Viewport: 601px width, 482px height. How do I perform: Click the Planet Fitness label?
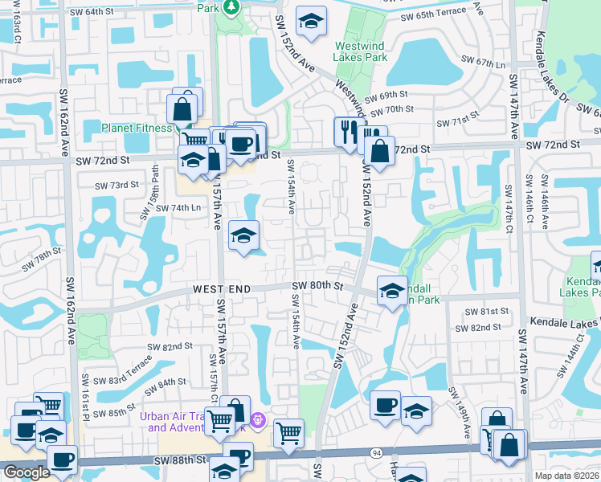point(136,128)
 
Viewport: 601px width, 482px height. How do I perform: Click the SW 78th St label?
point(43,259)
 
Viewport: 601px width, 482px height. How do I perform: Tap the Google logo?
point(27,472)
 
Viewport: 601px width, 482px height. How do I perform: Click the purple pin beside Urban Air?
point(257,419)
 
